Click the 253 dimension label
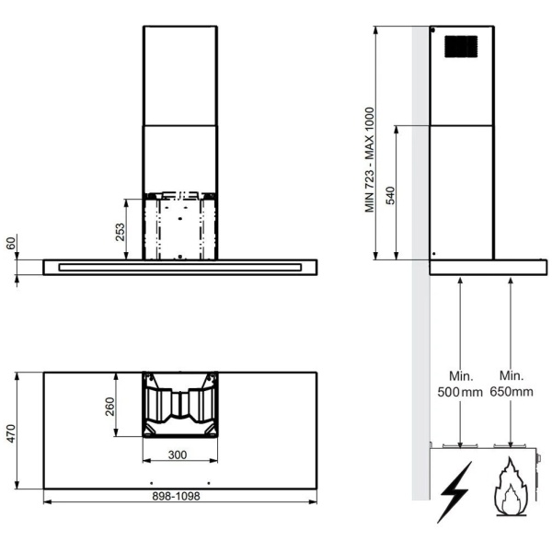coord(120,232)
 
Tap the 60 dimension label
coord(11,243)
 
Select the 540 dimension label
coord(390,196)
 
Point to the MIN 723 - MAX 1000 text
coord(369,160)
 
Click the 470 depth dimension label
coord(11,433)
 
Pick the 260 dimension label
coord(109,407)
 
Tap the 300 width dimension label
coord(178,454)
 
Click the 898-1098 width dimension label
coord(176,496)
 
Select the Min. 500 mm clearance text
coord(460,384)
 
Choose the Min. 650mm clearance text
coord(512,384)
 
